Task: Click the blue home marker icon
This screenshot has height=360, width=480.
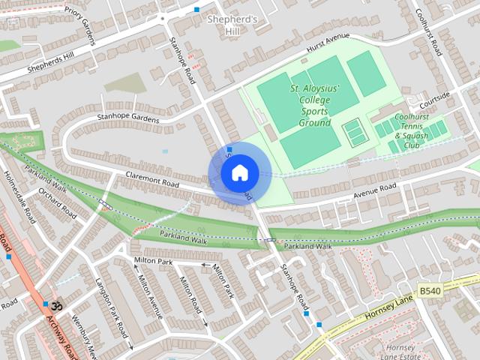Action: tap(239, 172)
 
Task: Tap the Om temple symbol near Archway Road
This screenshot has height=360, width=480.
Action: tap(54, 307)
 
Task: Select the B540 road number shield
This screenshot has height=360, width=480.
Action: tap(429, 290)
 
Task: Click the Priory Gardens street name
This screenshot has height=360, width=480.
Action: tap(82, 26)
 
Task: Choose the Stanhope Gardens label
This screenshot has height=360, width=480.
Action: tap(127, 118)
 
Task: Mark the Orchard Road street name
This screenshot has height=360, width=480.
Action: tap(58, 202)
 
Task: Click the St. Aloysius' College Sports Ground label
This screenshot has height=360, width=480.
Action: tap(314, 105)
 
